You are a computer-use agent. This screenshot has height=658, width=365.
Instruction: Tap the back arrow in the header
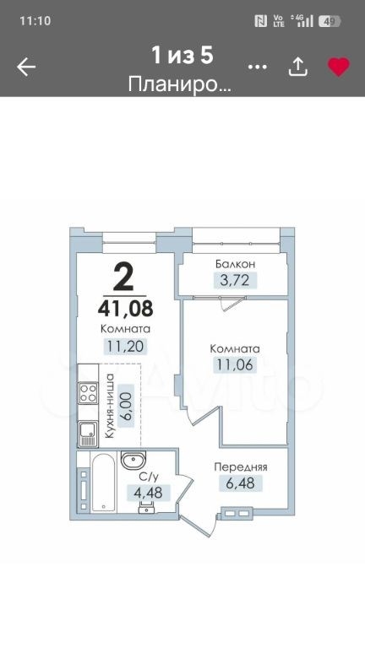26,67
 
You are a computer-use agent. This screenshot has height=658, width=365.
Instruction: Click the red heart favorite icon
339,67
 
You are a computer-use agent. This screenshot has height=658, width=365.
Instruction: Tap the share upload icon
298,67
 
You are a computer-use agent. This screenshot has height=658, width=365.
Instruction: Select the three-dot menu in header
258,67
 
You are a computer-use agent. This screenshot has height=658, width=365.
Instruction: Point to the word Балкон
236,264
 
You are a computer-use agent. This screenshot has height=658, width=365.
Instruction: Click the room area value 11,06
235,364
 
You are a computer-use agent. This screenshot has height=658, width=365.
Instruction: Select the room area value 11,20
126,346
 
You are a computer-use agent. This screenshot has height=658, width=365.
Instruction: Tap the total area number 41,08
125,309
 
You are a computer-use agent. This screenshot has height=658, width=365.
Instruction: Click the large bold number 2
123,277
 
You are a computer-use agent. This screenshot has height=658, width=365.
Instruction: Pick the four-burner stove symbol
88,393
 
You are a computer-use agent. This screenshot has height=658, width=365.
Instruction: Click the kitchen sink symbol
88,434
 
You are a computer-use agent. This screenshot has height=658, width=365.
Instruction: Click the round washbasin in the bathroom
133,460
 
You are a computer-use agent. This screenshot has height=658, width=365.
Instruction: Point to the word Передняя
241,467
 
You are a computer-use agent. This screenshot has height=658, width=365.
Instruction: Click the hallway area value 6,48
241,483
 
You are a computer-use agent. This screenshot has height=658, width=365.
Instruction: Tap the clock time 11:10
35,20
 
